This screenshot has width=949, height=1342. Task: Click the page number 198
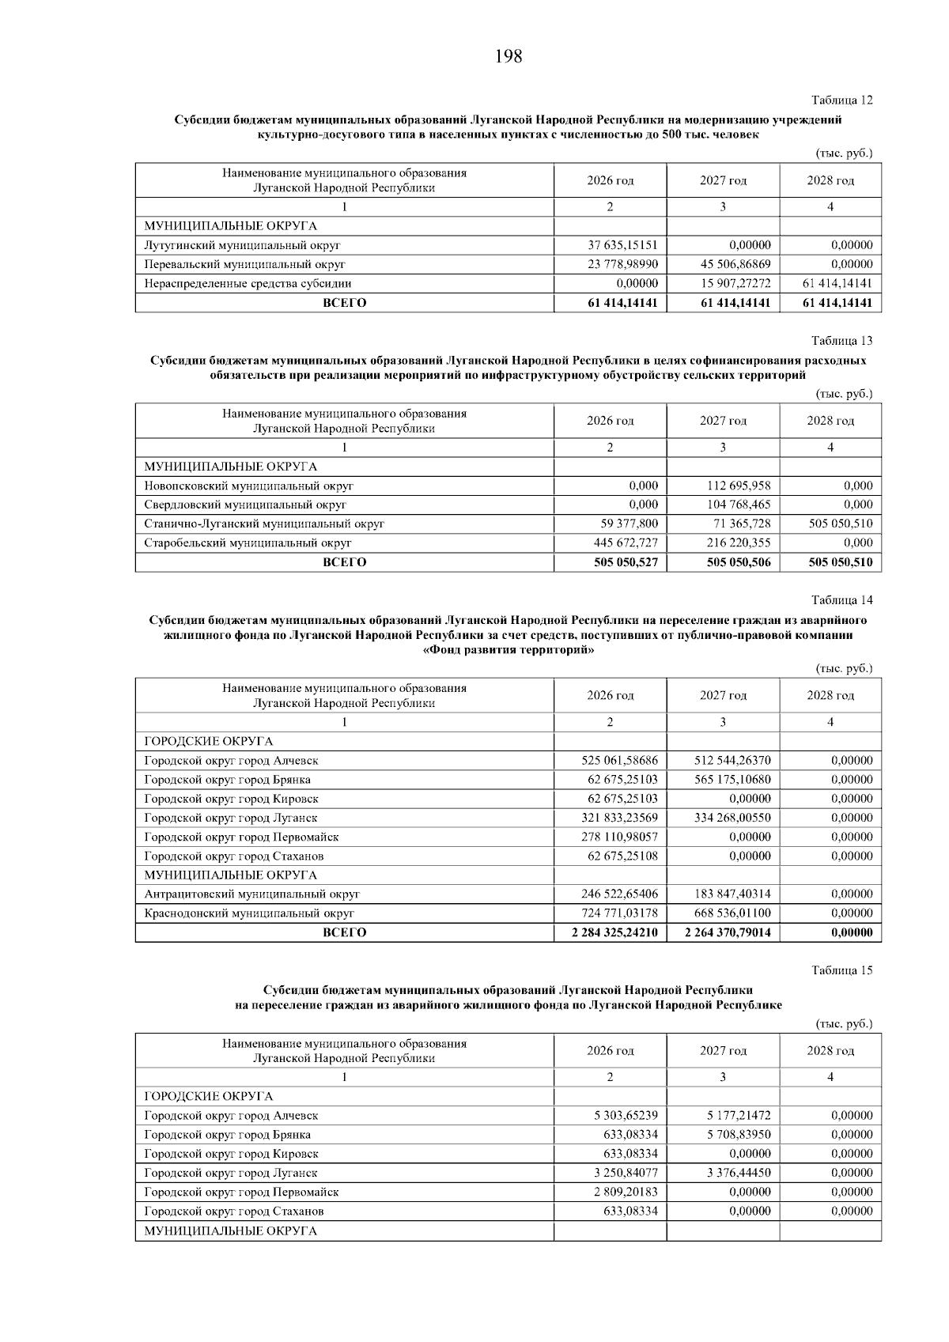(x=509, y=56)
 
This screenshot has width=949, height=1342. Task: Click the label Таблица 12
(x=841, y=100)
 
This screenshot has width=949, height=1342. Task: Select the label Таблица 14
(x=841, y=600)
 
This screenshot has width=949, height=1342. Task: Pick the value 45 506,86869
(x=735, y=264)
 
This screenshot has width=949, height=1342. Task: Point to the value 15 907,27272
(x=735, y=283)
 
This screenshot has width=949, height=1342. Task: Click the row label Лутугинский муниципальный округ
(x=242, y=245)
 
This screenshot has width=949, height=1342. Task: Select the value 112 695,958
(x=739, y=486)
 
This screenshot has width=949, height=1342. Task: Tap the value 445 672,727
(x=626, y=542)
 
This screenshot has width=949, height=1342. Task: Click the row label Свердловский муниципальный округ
(x=245, y=505)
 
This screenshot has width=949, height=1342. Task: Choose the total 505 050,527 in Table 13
(x=624, y=562)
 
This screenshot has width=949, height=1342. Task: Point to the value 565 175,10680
(x=732, y=780)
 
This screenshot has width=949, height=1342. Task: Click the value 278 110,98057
(x=619, y=837)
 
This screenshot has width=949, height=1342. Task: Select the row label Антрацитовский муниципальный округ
(x=251, y=894)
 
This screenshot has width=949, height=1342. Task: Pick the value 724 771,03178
(x=619, y=913)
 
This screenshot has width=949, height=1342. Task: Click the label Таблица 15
(x=841, y=970)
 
